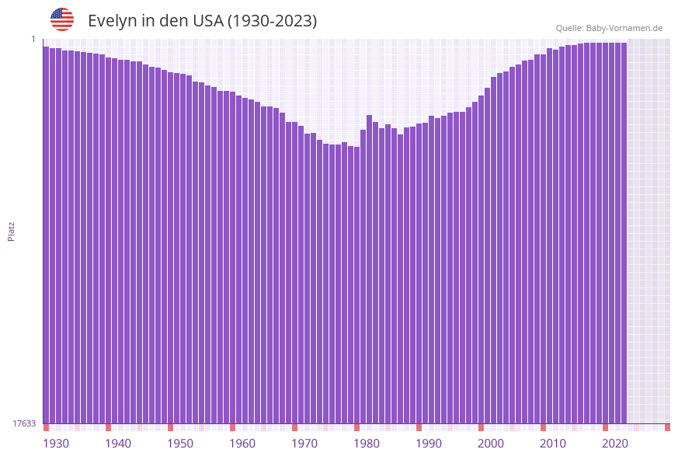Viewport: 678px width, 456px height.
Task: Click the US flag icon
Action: point(62,19)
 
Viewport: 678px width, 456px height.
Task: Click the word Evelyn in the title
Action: point(112,21)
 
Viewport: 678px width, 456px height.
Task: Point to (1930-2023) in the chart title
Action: point(272,21)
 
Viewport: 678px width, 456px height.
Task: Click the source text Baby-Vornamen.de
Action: point(624,29)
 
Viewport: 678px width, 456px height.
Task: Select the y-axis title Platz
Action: point(12,231)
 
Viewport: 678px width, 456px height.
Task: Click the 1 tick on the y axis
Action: point(33,39)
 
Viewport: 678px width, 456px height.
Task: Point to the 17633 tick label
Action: point(24,423)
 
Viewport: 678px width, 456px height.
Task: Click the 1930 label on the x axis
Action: point(56,444)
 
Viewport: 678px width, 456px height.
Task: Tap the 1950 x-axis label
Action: point(180,444)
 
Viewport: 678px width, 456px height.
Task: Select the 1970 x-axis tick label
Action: point(304,444)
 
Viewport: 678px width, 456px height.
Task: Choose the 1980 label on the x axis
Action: point(367,444)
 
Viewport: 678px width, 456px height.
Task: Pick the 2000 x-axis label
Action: point(491,444)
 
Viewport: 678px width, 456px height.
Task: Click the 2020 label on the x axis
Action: point(615,444)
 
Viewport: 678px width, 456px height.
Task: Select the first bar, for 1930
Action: point(46,233)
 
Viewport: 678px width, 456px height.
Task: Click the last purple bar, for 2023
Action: point(624,233)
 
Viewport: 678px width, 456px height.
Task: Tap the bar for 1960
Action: point(232,256)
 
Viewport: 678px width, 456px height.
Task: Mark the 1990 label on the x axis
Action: point(429,444)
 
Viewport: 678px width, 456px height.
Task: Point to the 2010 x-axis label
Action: point(553,444)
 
